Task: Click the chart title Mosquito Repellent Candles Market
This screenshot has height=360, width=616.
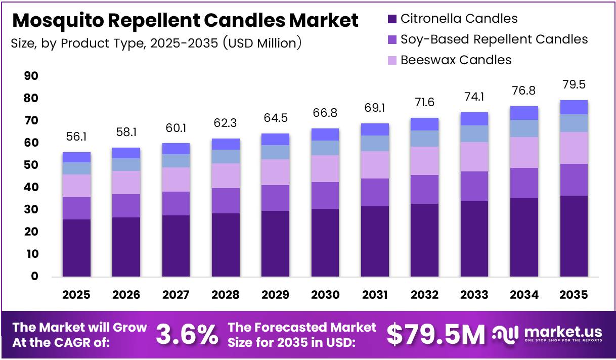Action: (185, 21)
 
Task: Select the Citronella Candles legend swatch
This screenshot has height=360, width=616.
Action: (392, 19)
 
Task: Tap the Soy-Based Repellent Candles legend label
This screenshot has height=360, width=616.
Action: (494, 39)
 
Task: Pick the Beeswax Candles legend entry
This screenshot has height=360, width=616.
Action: (455, 60)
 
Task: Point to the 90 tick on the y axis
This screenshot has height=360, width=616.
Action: (31, 76)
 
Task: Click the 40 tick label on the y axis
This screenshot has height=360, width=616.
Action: (31, 187)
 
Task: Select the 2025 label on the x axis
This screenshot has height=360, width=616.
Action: (76, 295)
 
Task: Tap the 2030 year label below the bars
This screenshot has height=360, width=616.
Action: (325, 295)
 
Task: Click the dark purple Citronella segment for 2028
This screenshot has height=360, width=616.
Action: (226, 245)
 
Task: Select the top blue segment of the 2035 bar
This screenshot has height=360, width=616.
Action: (574, 107)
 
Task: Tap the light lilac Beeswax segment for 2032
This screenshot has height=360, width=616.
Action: (424, 161)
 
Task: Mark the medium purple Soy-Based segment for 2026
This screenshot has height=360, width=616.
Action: (126, 206)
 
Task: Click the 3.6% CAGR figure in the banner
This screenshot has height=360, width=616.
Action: (187, 334)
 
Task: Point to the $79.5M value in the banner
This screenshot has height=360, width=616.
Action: (436, 334)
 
